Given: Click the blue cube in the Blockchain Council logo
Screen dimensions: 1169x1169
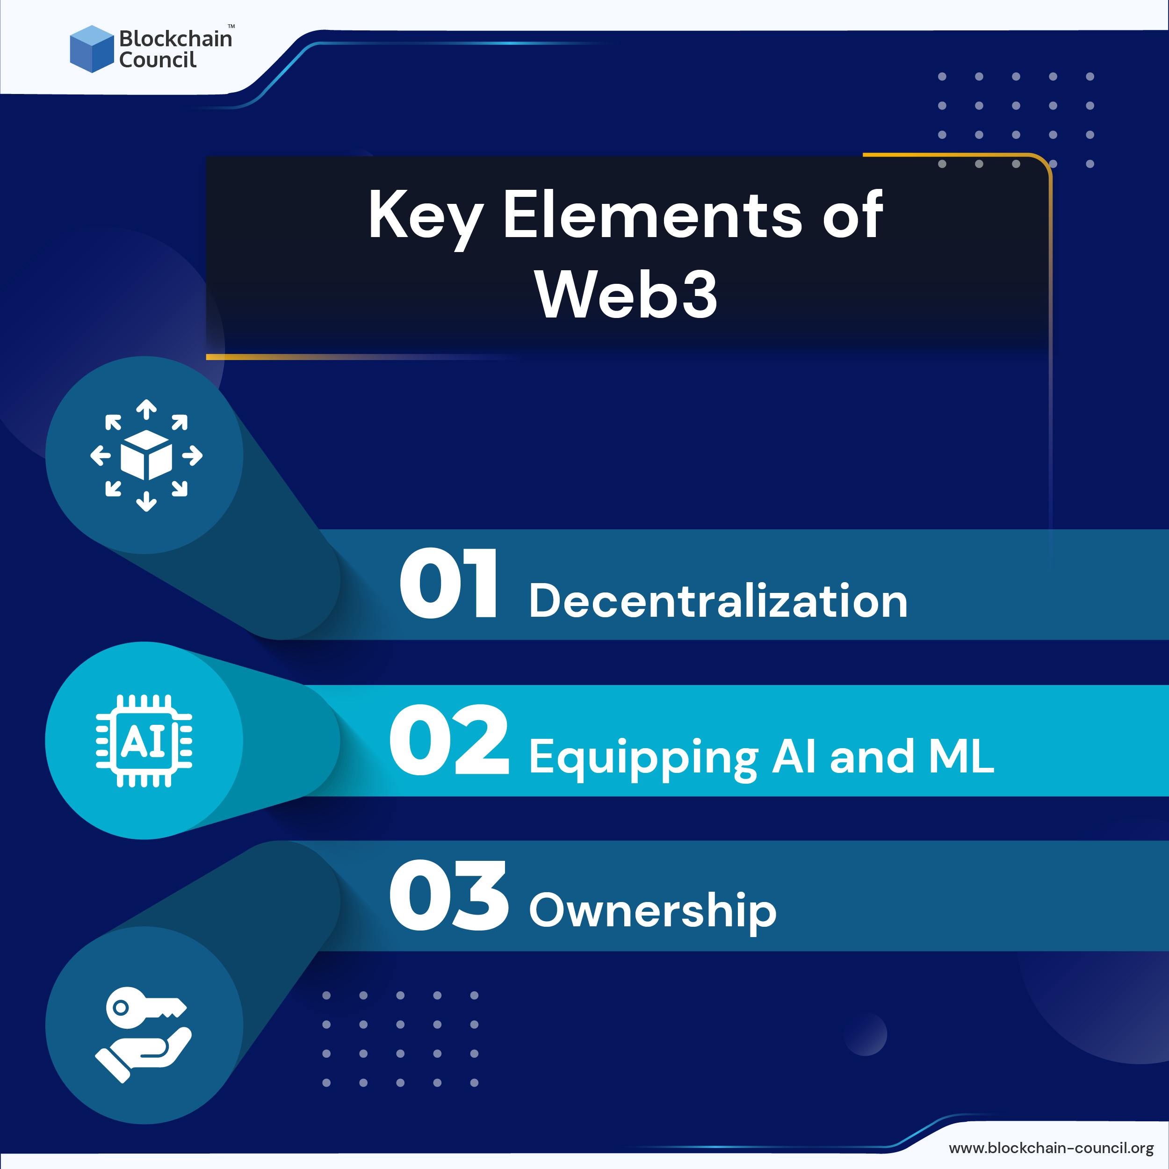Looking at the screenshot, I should click(x=91, y=49).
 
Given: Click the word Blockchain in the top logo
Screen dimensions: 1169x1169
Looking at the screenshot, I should click(x=175, y=39).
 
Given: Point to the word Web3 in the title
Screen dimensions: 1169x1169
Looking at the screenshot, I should click(x=626, y=295).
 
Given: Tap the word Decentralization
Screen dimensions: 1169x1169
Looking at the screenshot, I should click(x=718, y=601).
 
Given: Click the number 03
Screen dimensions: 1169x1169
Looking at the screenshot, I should click(x=448, y=896).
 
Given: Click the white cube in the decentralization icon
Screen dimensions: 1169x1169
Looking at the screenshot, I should click(x=146, y=455).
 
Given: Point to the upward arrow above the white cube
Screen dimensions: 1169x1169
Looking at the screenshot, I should click(x=146, y=409).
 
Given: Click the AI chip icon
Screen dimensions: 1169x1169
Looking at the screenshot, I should click(x=144, y=741).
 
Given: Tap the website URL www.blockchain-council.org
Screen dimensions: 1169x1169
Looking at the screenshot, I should click(x=1051, y=1148).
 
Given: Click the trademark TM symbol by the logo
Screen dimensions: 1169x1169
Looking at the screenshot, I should click(x=231, y=26).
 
